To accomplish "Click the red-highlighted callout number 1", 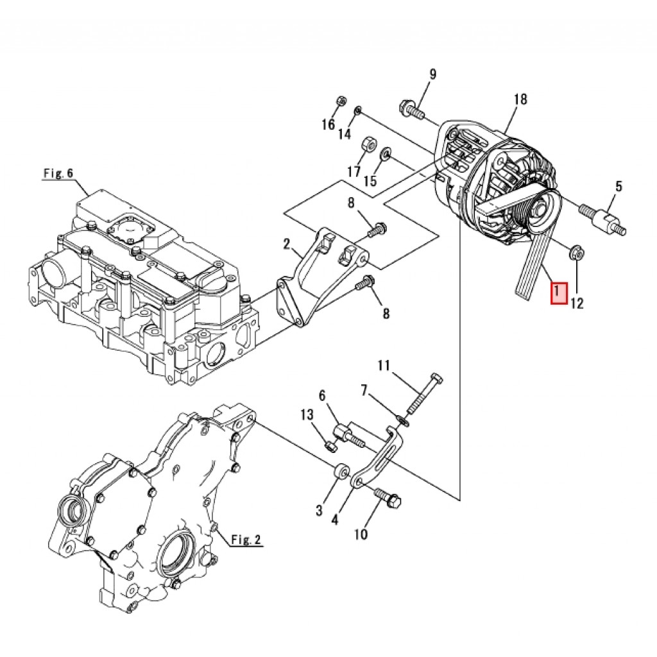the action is pyautogui.click(x=559, y=293).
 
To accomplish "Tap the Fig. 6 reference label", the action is pyautogui.click(x=58, y=173).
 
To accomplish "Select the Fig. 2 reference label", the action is pyautogui.click(x=246, y=540).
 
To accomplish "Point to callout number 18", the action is pyautogui.click(x=520, y=99).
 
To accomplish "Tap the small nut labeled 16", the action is pyautogui.click(x=341, y=101).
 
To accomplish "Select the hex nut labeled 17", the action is pyautogui.click(x=368, y=144).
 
